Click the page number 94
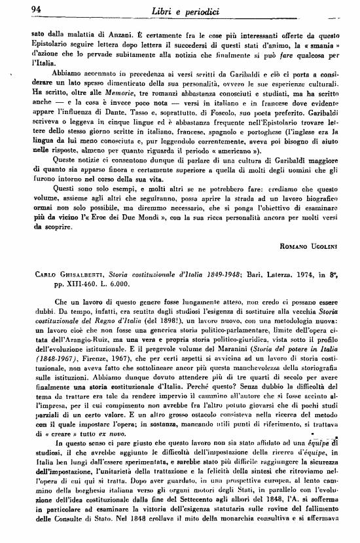19,9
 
